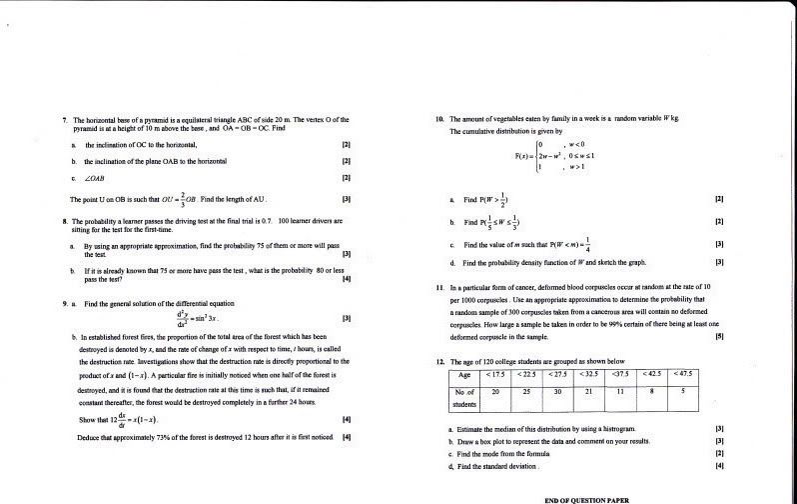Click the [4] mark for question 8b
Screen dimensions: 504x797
(x=346, y=278)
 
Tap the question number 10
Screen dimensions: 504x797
(x=439, y=119)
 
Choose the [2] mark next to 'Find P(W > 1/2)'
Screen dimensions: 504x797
(x=719, y=200)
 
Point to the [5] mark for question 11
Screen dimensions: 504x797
(x=718, y=337)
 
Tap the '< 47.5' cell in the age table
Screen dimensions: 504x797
(x=685, y=374)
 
